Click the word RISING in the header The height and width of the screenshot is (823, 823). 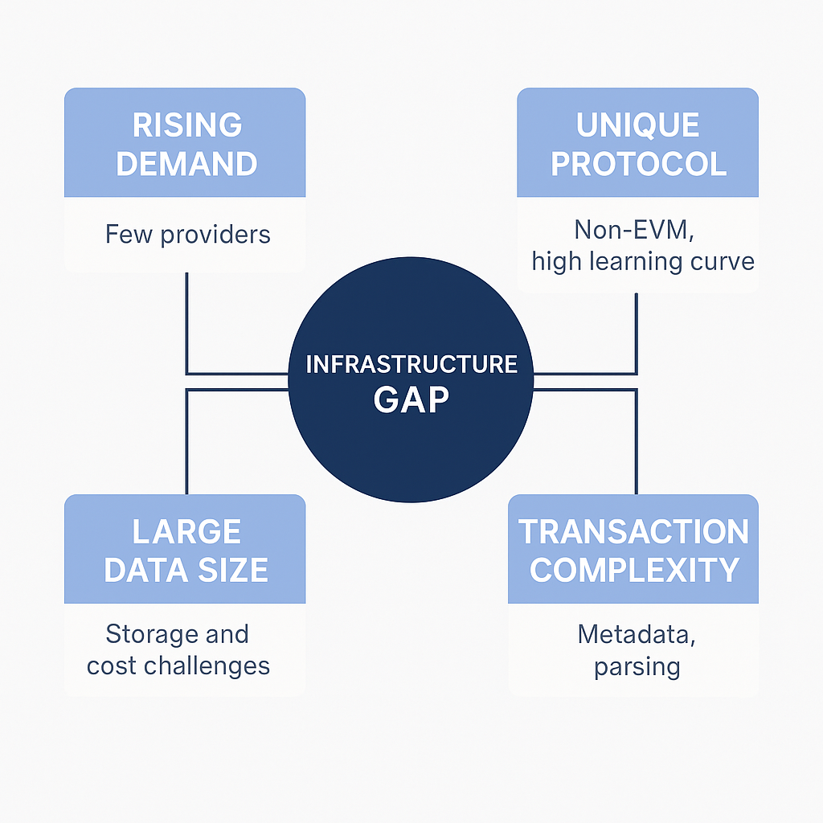[186, 125]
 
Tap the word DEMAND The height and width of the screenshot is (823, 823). [186, 164]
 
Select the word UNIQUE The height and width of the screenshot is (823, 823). [637, 125]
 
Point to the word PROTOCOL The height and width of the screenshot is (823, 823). [638, 164]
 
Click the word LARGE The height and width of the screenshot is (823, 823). [186, 532]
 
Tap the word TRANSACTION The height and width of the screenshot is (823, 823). [633, 532]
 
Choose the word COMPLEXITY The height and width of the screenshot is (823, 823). [634, 570]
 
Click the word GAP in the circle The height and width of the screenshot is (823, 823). [411, 400]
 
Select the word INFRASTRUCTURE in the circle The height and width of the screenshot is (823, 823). [411, 364]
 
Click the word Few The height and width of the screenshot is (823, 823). [129, 234]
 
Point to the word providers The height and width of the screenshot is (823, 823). [215, 235]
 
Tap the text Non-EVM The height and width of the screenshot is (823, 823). [634, 230]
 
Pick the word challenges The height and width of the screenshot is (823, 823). [207, 666]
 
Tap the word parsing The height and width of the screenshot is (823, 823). [637, 668]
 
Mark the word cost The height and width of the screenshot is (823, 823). [111, 666]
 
